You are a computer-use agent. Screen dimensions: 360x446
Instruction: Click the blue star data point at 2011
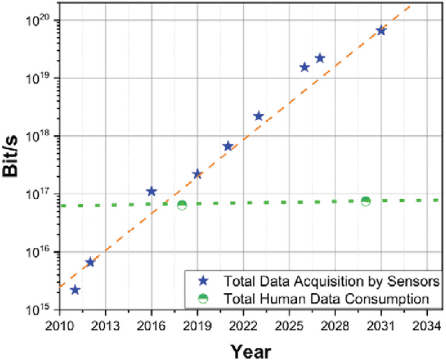(75, 290)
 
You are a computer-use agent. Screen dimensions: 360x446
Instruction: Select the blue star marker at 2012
(90, 262)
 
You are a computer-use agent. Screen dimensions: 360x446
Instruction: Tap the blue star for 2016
(151, 191)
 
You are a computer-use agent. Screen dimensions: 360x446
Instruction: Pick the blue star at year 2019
(197, 174)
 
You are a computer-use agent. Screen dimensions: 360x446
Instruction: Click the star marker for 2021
(228, 146)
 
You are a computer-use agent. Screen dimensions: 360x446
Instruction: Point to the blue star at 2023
(259, 116)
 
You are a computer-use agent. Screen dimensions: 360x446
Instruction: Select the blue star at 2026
(305, 67)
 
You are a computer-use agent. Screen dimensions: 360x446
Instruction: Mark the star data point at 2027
(320, 58)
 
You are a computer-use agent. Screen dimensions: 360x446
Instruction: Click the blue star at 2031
(380, 31)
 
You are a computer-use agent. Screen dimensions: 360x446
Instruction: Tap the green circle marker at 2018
(182, 205)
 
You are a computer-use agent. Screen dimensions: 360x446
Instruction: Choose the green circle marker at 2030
(365, 201)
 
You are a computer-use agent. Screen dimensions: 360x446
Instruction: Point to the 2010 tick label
(59, 326)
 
